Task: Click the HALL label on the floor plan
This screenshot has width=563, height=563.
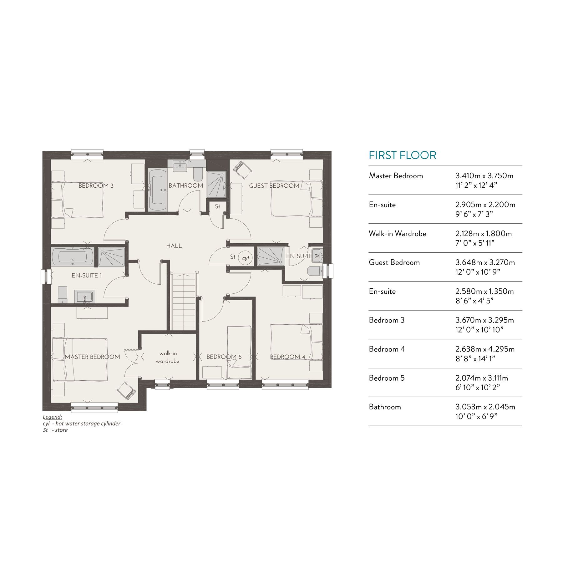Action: (x=174, y=246)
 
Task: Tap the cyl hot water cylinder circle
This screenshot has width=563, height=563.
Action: (x=245, y=258)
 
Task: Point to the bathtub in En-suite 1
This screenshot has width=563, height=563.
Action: (x=73, y=257)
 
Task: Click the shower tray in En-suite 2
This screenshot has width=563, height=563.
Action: (x=271, y=256)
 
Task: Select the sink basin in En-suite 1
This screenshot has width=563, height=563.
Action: (x=84, y=296)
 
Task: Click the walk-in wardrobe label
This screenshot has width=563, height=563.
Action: (x=168, y=357)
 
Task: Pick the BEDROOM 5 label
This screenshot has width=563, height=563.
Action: (x=224, y=357)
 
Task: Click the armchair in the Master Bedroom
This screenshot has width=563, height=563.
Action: (x=127, y=391)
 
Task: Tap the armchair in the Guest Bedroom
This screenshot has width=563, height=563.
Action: (x=242, y=170)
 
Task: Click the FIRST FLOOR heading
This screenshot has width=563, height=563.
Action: (x=403, y=155)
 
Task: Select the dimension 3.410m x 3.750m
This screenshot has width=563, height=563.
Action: (x=484, y=176)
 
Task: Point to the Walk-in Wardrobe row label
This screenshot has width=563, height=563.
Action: (x=398, y=234)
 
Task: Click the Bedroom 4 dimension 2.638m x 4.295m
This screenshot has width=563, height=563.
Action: (x=485, y=349)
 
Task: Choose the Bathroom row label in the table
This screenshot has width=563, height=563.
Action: (x=385, y=407)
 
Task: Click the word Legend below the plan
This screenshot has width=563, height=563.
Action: (x=53, y=417)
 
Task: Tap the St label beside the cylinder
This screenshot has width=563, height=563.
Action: (x=232, y=257)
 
